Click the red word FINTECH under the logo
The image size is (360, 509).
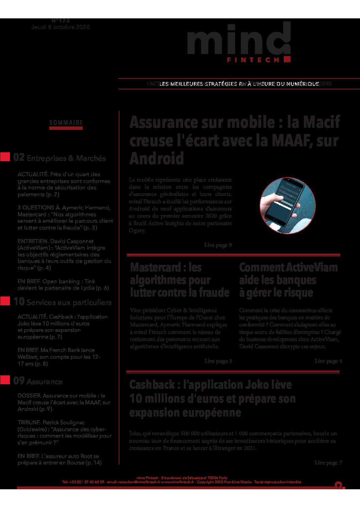(x=253, y=60)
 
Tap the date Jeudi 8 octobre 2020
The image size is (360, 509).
(x=61, y=27)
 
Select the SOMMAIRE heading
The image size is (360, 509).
(x=66, y=123)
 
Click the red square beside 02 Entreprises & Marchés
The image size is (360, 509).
(x=5, y=157)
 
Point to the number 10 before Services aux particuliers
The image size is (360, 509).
(x=19, y=302)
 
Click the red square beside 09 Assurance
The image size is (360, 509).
(x=5, y=380)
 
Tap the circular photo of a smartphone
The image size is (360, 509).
(x=288, y=205)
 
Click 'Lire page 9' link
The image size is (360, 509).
(x=218, y=245)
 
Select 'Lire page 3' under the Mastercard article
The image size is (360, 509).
(x=218, y=361)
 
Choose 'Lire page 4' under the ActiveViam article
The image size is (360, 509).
(x=328, y=361)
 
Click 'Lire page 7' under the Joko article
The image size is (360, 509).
(x=328, y=463)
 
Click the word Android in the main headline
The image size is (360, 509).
(x=157, y=158)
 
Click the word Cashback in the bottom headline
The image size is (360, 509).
(x=152, y=385)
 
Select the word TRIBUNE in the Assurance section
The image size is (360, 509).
(x=29, y=423)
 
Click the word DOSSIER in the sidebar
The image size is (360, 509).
(x=29, y=396)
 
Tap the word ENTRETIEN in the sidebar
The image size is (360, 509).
(x=33, y=241)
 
